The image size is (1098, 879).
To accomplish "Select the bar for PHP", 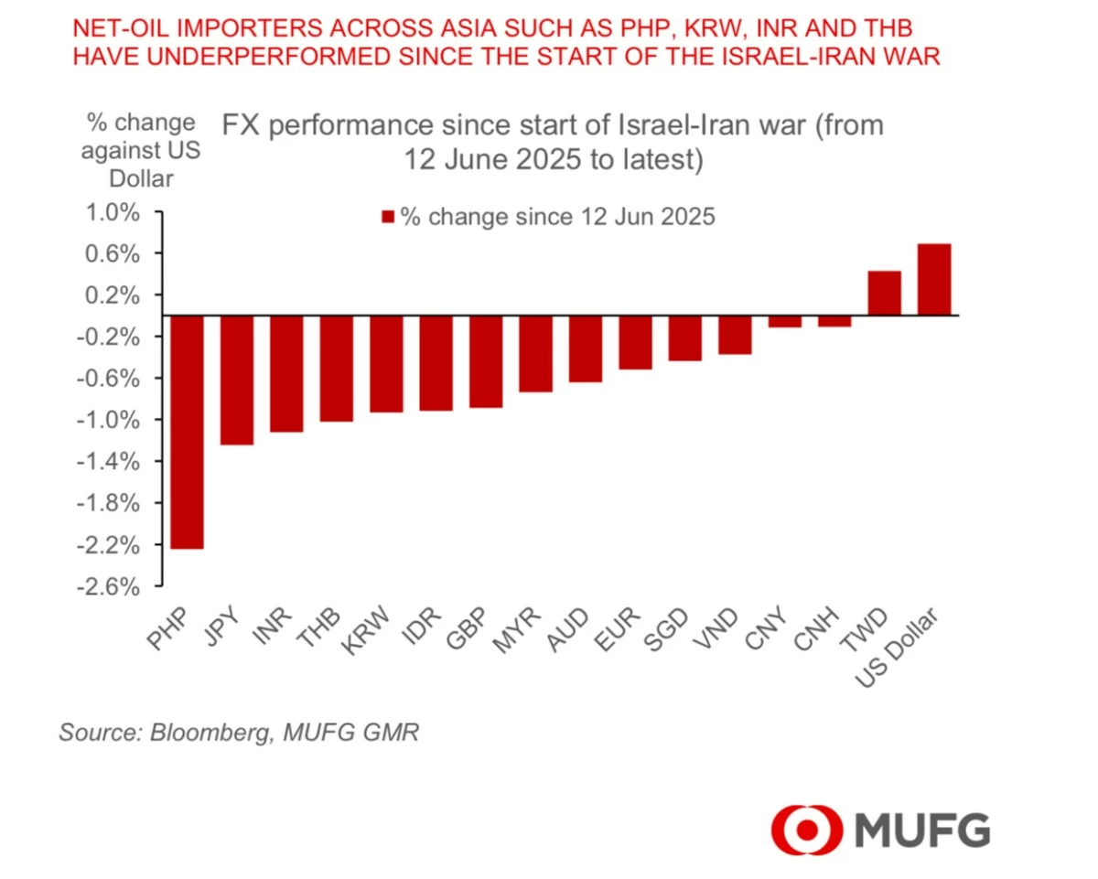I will [187, 432].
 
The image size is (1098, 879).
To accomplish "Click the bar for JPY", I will [237, 380].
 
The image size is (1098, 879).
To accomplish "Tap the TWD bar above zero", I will [884, 293].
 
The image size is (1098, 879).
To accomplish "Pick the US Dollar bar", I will [934, 279].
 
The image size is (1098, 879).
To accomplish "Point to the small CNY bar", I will [784, 321].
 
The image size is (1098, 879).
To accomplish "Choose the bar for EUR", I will [635, 342].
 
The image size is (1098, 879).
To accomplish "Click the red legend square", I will [387, 218].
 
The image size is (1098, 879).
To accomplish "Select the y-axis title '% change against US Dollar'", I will [141, 150].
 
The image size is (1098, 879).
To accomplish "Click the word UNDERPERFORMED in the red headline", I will [242, 57].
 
